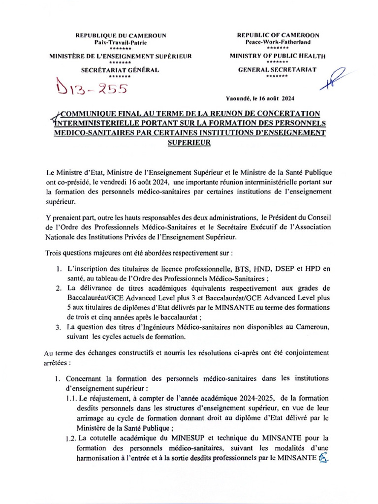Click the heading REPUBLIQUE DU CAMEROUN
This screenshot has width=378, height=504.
click(x=121, y=35)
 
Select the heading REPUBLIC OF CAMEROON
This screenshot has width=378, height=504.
click(x=278, y=35)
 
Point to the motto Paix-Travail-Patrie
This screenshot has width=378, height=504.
click(x=121, y=43)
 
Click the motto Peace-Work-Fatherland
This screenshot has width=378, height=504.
click(x=278, y=43)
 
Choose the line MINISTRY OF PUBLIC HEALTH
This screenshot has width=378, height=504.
click(x=278, y=56)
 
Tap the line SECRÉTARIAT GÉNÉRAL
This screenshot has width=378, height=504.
click(x=120, y=70)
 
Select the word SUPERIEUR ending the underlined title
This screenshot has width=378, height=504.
click(x=189, y=142)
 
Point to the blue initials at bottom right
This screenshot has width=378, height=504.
click(x=323, y=459)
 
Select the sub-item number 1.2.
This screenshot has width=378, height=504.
click(x=70, y=438)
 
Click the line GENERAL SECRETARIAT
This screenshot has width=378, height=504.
click(x=278, y=70)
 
